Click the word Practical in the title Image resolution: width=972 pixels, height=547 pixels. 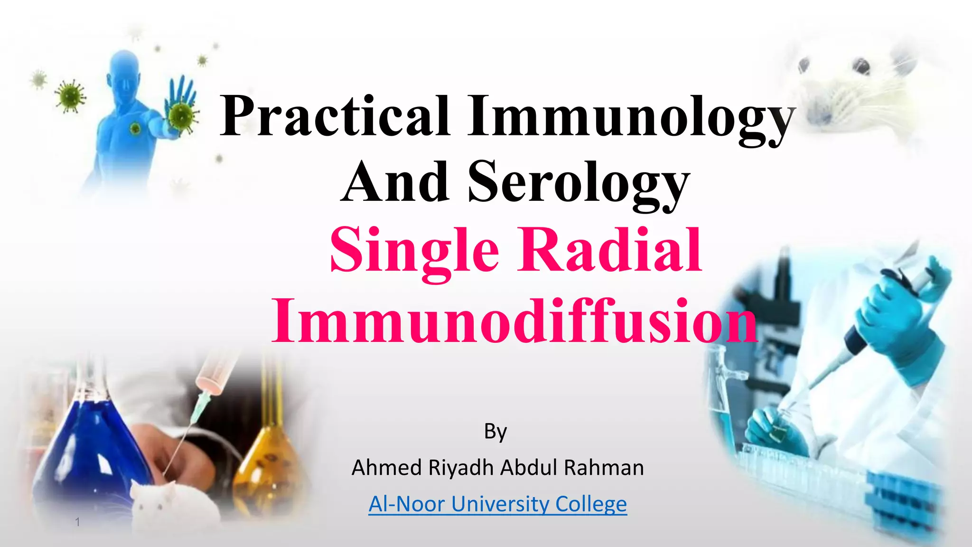[335, 116]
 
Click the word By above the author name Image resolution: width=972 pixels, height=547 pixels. [495, 431]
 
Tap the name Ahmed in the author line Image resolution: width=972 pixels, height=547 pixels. [386, 468]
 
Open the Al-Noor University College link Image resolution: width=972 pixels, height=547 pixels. [497, 504]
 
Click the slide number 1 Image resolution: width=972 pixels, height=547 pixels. [77, 522]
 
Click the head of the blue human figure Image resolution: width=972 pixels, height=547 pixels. [124, 71]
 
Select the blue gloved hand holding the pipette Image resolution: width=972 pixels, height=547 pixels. [902, 309]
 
